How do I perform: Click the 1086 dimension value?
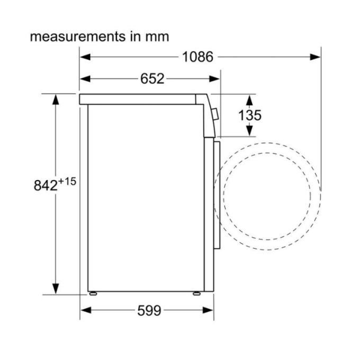[197, 57]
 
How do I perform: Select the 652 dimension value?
[152, 79]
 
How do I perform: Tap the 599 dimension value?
[149, 311]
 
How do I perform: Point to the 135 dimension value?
[249, 115]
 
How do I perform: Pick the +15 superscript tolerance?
[67, 182]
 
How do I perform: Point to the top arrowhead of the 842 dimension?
[55, 98]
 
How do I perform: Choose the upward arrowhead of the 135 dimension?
[249, 98]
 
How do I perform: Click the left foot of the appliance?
[94, 293]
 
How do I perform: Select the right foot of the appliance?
[197, 293]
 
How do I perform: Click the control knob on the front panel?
[215, 113]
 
